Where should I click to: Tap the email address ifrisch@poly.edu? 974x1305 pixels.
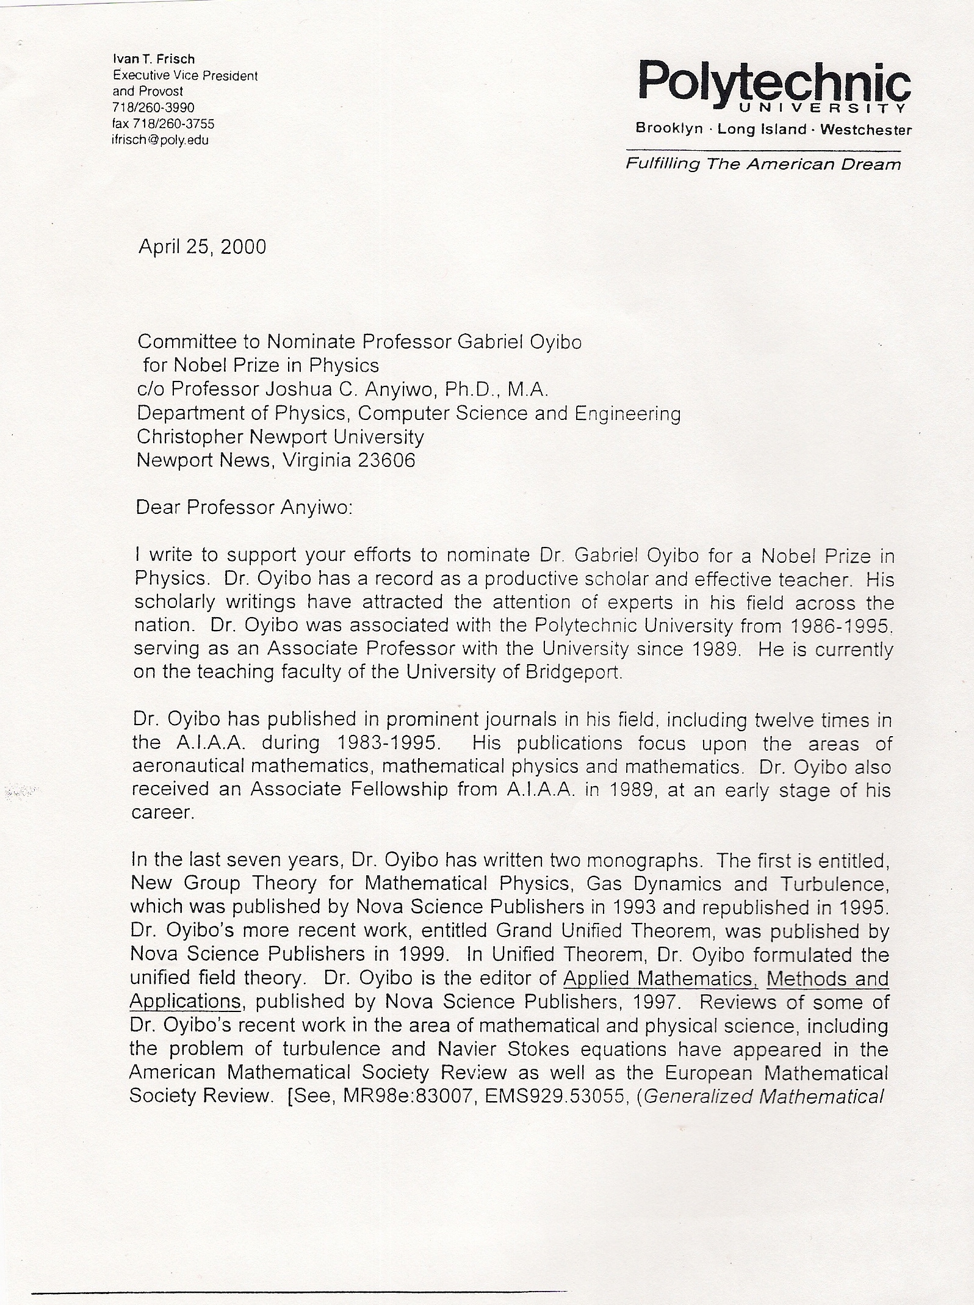161,140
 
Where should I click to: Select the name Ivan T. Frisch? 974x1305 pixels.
154,59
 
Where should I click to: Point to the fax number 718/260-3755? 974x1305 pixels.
174,124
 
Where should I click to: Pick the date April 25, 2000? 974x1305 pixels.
202,247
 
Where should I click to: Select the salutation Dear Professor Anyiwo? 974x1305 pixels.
244,508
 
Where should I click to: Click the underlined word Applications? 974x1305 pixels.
184,1002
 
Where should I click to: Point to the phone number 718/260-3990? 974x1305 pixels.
153,108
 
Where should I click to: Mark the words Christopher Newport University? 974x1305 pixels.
280,436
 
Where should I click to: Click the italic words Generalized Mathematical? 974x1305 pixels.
763,1096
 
